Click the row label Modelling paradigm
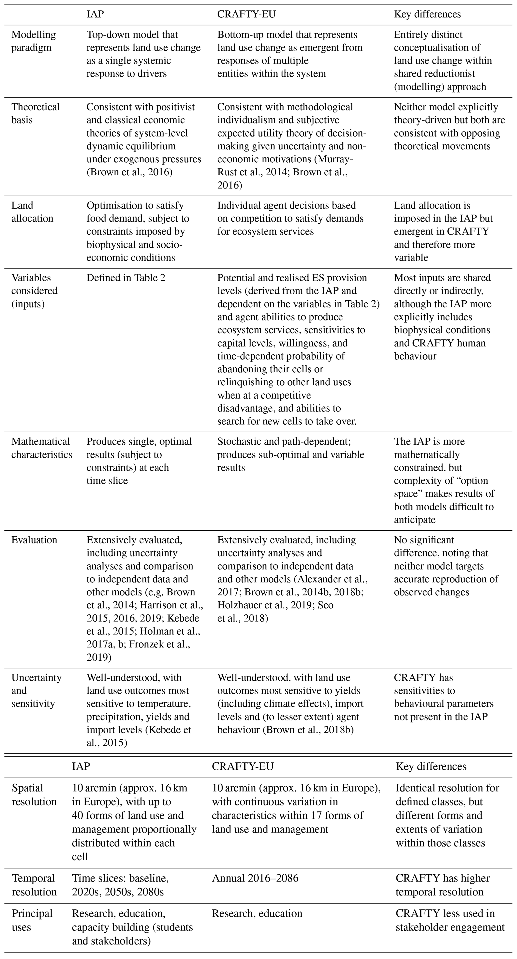34,41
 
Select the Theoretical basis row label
35,113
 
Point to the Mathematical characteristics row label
41,448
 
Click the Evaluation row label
34,540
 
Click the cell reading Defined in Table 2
126,278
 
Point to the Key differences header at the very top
427,14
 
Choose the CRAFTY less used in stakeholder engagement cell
450,920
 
